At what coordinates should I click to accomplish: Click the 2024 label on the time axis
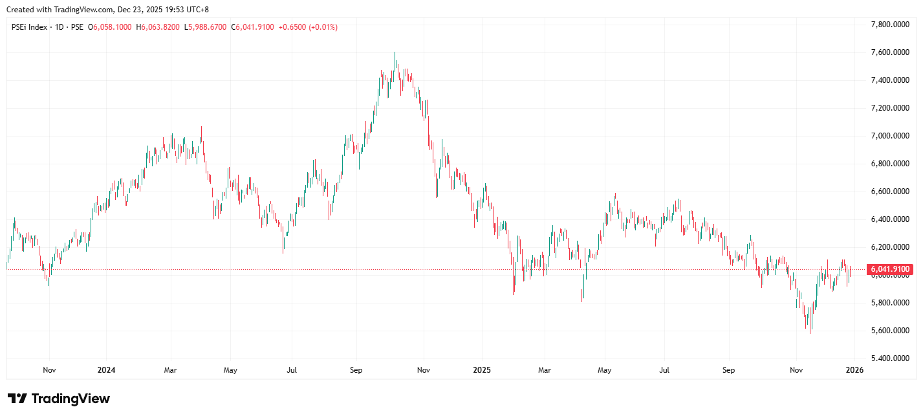pos(106,371)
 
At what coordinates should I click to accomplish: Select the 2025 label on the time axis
pos(482,371)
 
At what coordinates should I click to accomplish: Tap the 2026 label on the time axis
pos(854,371)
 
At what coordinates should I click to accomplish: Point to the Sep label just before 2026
pos(728,371)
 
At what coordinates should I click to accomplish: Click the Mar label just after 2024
pos(170,371)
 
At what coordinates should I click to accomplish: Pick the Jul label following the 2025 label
pos(664,371)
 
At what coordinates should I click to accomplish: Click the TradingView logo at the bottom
pos(58,399)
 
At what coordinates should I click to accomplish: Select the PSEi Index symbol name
pos(30,27)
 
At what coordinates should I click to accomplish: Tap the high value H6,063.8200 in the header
pos(158,27)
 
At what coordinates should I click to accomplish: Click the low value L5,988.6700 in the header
pos(206,27)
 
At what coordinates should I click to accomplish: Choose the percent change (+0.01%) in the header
pos(323,27)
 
